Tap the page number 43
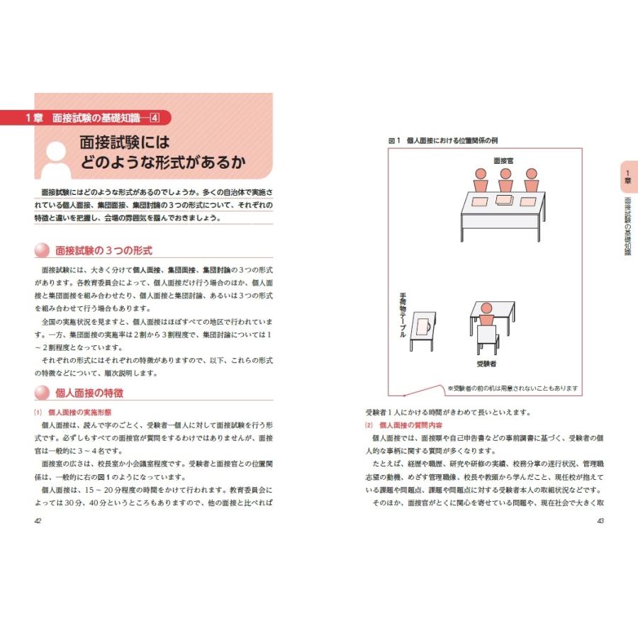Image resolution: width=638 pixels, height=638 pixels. pos(599,521)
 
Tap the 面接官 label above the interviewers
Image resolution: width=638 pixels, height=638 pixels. pos(503,161)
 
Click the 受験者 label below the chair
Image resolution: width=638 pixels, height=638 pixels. pos(486,364)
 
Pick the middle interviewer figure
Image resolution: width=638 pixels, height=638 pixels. pos(505,181)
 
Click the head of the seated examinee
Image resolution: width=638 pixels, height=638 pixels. pos(486,309)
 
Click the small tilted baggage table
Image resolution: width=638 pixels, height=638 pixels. pos(423,328)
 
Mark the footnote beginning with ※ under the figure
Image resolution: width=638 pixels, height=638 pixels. pos(513,388)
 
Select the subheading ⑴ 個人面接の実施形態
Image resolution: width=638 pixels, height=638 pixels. pos(77,412)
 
